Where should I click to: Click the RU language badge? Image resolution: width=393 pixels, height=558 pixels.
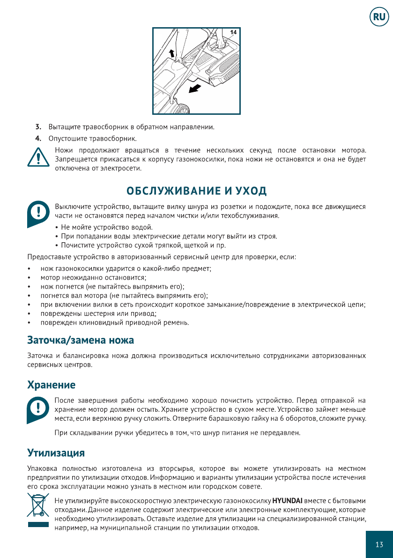pyautogui.click(x=379, y=18)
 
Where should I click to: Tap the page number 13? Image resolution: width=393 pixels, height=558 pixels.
pyautogui.click(x=379, y=544)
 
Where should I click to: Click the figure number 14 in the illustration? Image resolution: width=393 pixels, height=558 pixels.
pyautogui.click(x=233, y=32)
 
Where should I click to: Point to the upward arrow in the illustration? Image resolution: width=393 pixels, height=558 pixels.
pyautogui.click(x=172, y=52)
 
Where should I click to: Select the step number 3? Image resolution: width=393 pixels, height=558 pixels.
pyautogui.click(x=38, y=127)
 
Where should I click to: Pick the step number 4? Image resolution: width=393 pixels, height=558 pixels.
pyautogui.click(x=38, y=139)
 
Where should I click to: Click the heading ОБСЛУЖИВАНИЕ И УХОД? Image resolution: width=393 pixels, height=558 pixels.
pyautogui.click(x=197, y=191)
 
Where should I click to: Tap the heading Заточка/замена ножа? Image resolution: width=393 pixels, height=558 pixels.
pyautogui.click(x=81, y=339)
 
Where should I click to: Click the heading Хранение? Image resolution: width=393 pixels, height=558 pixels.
pyautogui.click(x=51, y=385)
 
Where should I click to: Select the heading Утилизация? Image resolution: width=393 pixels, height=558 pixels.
pyautogui.click(x=56, y=453)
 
